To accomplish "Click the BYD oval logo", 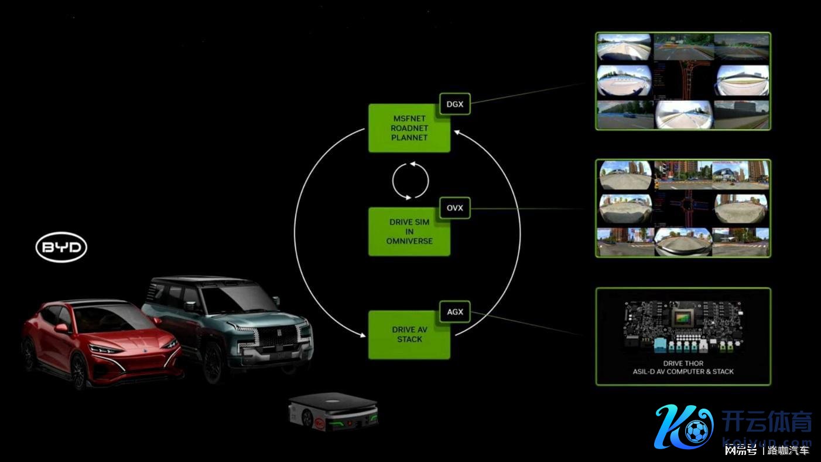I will [x=61, y=248].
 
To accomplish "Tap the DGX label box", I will [x=454, y=104].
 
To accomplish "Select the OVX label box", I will [x=454, y=208].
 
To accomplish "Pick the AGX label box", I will [x=454, y=312].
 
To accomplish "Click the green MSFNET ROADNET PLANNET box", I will [x=409, y=128].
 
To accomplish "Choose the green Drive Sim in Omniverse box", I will [x=409, y=232].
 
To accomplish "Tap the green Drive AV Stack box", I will [x=409, y=335].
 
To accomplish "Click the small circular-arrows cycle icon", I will [x=410, y=180].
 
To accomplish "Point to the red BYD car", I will [x=100, y=343].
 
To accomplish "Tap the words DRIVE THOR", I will [x=683, y=363].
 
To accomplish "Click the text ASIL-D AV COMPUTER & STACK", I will [x=683, y=372].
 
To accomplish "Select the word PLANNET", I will [x=409, y=138].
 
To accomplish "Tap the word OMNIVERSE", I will [x=409, y=241].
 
